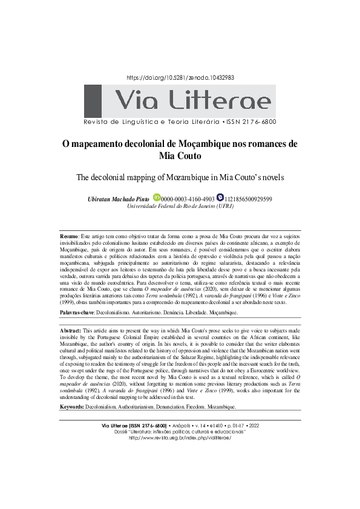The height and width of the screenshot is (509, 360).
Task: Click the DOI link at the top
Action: [x=180, y=78]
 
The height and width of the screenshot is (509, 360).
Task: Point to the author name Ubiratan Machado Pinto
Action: [x=118, y=199]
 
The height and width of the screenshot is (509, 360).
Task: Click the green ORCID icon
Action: [x=157, y=198]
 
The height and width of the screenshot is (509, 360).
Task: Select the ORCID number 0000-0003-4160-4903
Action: [x=188, y=199]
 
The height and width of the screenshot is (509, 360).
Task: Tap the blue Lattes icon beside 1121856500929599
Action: [x=220, y=198]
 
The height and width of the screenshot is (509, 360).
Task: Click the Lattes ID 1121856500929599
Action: [x=248, y=199]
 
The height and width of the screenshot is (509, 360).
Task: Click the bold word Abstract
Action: [x=71, y=332]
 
